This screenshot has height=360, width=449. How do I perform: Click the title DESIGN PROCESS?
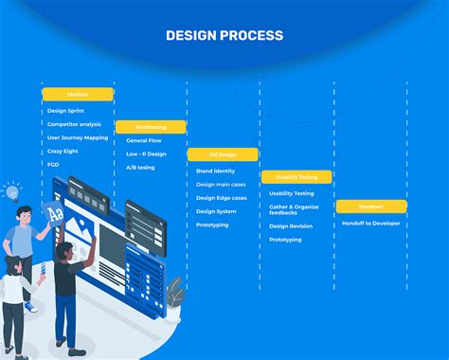224,36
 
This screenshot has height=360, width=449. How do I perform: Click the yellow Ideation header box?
78,95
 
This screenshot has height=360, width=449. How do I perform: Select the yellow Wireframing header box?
150,126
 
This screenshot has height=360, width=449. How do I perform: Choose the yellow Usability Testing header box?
296,177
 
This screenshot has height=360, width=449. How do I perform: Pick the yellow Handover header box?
370,206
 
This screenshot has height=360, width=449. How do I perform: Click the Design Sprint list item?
65,111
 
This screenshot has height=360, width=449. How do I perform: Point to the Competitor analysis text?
74,124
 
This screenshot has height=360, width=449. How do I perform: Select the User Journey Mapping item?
78,137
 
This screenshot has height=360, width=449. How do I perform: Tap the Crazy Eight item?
63,151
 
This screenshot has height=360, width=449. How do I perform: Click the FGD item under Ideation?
53,164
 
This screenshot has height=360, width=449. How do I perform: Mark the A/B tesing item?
139,167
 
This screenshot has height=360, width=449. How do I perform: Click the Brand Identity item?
216,171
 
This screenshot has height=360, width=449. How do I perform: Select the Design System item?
216,211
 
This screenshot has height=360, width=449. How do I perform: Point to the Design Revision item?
291,226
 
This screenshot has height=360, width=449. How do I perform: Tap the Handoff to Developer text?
371,223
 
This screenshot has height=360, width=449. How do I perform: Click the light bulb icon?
12,192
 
